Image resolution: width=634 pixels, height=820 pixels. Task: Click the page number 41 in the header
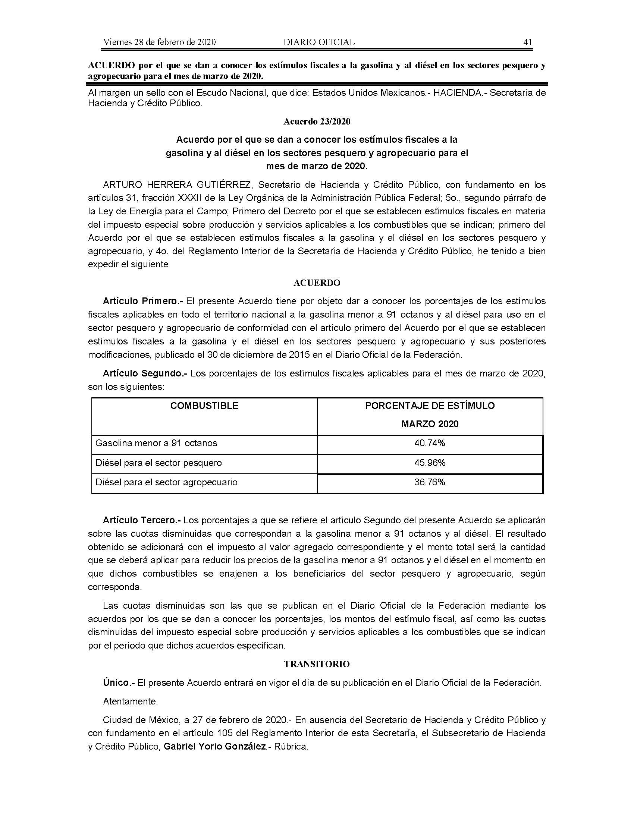click(x=527, y=42)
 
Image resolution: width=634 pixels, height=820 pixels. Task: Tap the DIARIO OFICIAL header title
click(x=319, y=42)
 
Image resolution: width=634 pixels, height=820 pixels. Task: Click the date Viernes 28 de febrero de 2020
click(x=159, y=42)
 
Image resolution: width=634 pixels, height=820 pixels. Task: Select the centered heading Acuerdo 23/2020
click(x=317, y=122)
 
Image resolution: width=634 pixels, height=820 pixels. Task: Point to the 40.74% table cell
click(x=430, y=443)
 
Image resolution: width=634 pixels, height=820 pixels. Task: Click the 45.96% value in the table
click(x=430, y=463)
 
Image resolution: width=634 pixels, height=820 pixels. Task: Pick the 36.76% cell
click(x=430, y=482)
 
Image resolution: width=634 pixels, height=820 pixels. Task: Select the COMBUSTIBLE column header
click(x=204, y=406)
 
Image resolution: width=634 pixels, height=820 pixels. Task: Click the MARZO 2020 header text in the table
click(x=430, y=424)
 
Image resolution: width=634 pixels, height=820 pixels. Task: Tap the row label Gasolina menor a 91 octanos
click(x=156, y=443)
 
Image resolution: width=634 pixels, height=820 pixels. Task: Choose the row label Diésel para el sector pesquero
click(x=158, y=463)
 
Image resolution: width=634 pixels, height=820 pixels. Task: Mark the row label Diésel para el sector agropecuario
click(x=166, y=482)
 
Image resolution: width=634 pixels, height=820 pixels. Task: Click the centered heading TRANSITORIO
click(x=317, y=664)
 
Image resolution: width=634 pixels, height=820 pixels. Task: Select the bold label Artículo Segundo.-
click(x=145, y=373)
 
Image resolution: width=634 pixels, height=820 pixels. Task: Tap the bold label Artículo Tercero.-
click(x=142, y=520)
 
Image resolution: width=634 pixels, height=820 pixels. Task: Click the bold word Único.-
click(x=119, y=682)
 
